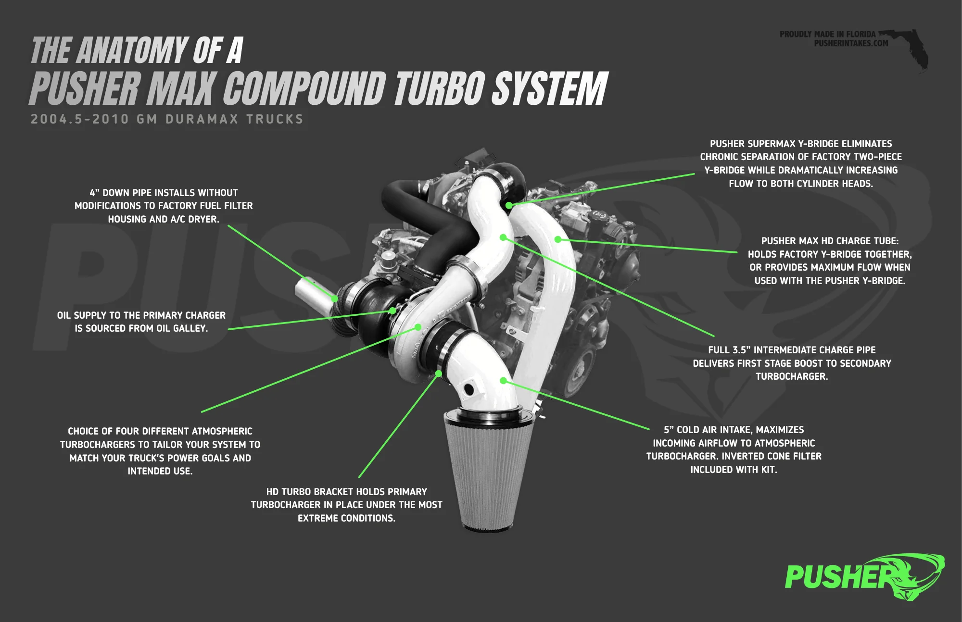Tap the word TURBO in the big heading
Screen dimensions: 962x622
439,88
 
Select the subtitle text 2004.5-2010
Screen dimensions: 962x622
80,119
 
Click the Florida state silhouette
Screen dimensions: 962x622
907,48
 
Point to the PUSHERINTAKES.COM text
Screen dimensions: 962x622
851,43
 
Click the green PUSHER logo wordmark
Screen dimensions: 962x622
839,577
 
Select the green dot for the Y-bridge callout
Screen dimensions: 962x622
509,205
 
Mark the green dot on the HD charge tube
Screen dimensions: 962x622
558,239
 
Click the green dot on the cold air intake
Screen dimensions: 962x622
503,381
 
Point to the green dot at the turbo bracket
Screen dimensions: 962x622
439,373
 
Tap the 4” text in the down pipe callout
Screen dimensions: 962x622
94,193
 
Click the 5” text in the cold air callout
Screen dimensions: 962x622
669,430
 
